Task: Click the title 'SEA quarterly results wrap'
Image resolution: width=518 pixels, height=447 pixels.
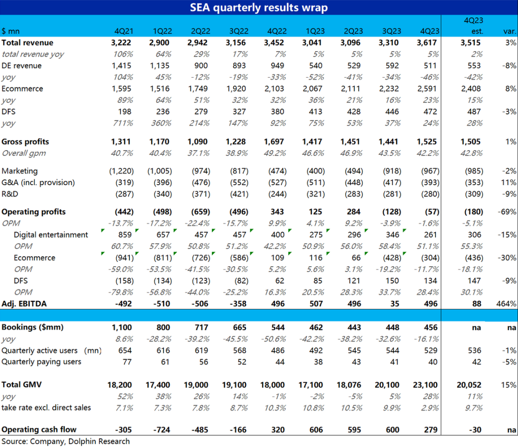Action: [259, 8]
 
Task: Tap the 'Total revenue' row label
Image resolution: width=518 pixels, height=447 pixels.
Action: [27, 43]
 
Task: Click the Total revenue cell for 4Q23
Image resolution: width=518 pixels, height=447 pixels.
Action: [428, 43]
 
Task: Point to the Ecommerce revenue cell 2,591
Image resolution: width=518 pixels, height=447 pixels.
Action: [428, 89]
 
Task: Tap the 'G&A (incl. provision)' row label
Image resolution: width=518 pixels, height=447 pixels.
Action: [38, 182]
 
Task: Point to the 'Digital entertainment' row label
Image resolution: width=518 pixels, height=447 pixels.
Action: [51, 235]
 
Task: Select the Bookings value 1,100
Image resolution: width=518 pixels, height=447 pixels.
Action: [122, 327]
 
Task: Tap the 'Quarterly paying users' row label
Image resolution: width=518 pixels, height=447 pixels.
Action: [41, 362]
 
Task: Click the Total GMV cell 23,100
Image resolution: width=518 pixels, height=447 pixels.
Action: [426, 385]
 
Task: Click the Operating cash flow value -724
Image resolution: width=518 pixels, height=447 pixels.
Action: [162, 430]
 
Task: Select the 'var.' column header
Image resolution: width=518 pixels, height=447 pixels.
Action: [509, 31]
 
